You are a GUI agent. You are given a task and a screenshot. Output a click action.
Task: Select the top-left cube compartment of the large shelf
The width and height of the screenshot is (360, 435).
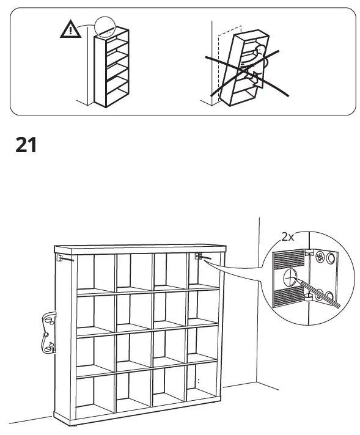coord(94,272)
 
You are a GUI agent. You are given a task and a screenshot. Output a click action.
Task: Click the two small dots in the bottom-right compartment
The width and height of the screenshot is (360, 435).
coord(197,382)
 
